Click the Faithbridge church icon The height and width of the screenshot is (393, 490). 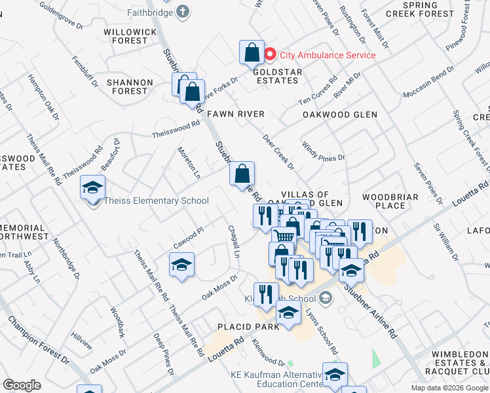tap(182, 11)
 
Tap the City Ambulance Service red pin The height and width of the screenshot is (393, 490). tap(270, 54)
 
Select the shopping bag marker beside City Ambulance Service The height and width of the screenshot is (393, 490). tap(252, 52)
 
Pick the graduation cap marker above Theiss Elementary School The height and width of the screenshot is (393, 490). tap(92, 187)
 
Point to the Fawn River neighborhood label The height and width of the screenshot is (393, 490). tap(236, 114)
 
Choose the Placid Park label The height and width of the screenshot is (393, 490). tap(248, 326)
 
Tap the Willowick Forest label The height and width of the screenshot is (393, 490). tap(126, 36)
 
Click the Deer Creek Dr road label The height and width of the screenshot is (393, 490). tap(278, 152)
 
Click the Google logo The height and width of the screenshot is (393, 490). tap(22, 385)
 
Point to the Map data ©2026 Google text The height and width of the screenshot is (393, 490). tap(449, 388)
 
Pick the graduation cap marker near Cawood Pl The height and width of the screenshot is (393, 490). tap(181, 265)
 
